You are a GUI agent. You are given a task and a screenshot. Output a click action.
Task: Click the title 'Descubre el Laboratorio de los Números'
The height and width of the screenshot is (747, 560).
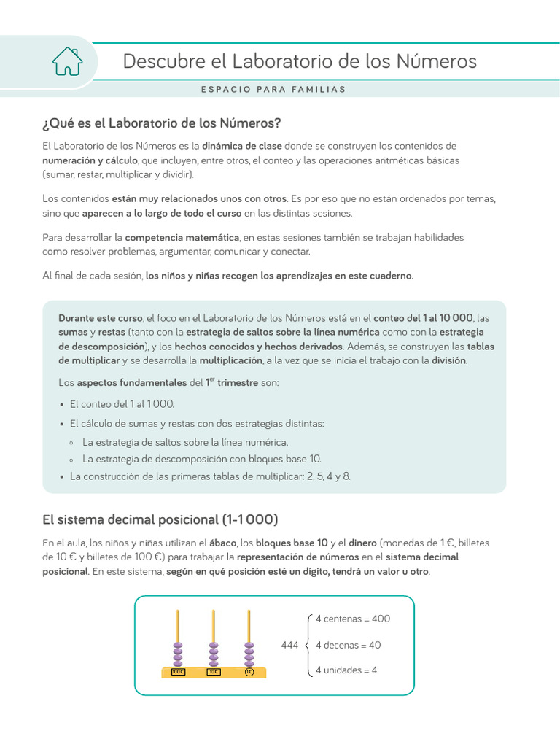(300, 61)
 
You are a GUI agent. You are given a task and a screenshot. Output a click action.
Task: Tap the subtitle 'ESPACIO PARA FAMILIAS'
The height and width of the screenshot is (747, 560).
(273, 90)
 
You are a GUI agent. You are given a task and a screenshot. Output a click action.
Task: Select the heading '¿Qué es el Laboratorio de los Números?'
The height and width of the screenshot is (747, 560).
(161, 122)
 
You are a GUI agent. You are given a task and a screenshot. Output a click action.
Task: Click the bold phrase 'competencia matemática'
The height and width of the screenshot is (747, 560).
(182, 237)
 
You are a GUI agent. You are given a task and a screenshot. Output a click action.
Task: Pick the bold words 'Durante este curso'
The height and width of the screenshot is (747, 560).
(100, 318)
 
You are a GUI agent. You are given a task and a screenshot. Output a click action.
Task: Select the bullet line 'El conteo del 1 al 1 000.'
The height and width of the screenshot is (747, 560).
(122, 403)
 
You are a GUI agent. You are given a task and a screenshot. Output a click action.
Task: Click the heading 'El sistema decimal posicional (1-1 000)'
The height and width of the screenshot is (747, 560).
(160, 519)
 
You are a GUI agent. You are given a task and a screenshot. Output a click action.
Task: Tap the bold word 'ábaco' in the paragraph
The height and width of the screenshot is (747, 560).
(222, 543)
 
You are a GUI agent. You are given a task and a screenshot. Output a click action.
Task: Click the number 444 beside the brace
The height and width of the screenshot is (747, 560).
(290, 645)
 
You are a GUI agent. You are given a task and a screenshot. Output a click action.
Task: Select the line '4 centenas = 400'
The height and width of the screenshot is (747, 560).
(353, 619)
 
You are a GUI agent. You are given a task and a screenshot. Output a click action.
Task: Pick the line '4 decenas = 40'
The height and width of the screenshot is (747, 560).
(348, 645)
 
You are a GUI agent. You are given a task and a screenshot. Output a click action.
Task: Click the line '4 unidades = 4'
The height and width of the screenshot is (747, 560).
(346, 670)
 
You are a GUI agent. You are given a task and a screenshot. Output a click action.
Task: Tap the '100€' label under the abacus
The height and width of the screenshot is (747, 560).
(177, 672)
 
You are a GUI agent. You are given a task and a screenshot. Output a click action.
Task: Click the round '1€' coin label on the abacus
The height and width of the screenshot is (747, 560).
(249, 672)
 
